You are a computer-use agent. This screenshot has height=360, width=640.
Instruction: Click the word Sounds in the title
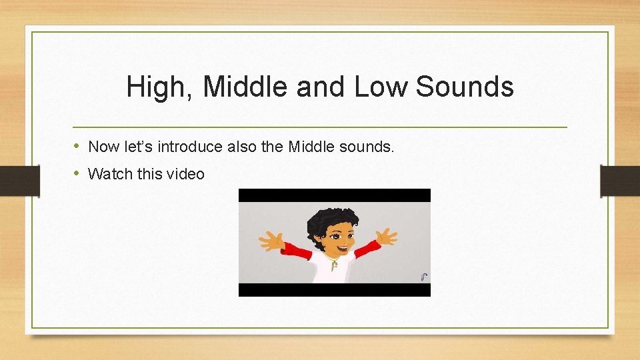coord(465,87)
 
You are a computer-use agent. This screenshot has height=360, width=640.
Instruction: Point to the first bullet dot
coord(77,146)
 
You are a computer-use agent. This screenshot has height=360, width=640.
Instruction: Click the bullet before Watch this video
coord(77,174)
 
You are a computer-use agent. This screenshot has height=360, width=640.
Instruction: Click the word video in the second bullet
coord(186,174)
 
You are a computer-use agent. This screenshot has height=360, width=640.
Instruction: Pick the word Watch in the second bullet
coord(110,174)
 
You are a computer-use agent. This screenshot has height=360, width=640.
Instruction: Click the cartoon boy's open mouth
coord(341,248)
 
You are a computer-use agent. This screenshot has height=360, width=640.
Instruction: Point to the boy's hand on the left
coord(271,239)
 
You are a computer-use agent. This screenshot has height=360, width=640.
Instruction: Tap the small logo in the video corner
coord(424,276)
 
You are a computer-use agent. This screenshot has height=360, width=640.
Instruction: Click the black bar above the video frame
coord(335,195)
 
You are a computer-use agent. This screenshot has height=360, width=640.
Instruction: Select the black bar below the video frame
coord(335,290)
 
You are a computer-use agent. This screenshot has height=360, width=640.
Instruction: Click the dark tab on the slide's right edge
coord(620,181)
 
